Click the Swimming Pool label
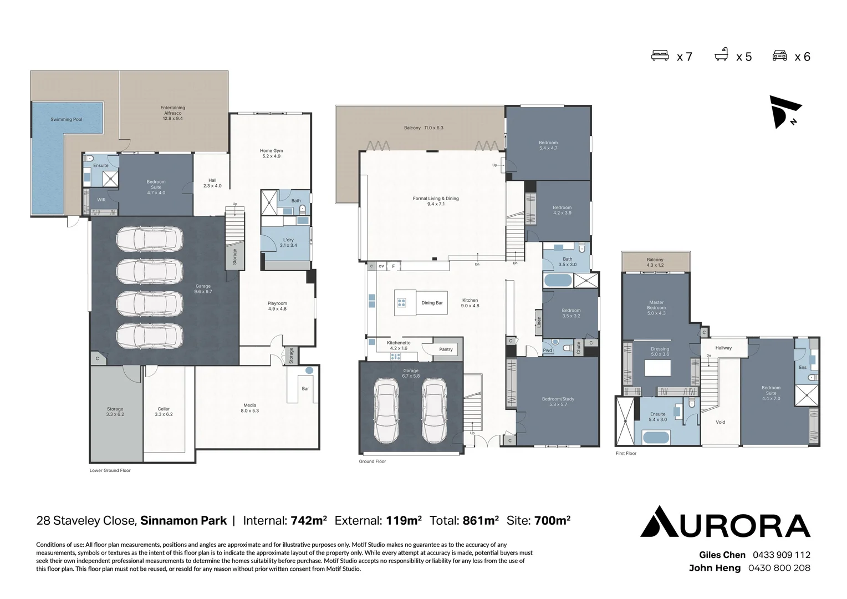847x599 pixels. pyautogui.click(x=67, y=119)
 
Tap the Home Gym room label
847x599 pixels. pyautogui.click(x=271, y=153)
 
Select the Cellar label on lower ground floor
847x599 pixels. pyautogui.click(x=164, y=412)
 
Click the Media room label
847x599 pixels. pyautogui.click(x=249, y=408)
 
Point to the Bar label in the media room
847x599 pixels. pyautogui.click(x=305, y=389)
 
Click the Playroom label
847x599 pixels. pyautogui.click(x=277, y=306)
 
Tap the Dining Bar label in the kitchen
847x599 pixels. pyautogui.click(x=432, y=303)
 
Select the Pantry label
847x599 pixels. pyautogui.click(x=446, y=349)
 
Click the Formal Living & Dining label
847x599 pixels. pyautogui.click(x=436, y=201)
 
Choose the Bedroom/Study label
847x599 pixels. pyautogui.click(x=558, y=402)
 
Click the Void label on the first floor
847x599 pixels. pyautogui.click(x=720, y=422)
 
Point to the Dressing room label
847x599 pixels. pyautogui.click(x=660, y=352)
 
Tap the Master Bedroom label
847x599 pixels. pyautogui.click(x=656, y=308)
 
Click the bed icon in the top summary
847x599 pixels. pyautogui.click(x=660, y=55)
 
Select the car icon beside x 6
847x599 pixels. pyautogui.click(x=779, y=55)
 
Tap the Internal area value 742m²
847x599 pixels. pyautogui.click(x=309, y=521)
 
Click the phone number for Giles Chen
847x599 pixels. pyautogui.click(x=781, y=555)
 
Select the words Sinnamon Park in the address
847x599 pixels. pyautogui.click(x=183, y=521)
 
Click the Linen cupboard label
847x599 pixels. pyautogui.click(x=538, y=322)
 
